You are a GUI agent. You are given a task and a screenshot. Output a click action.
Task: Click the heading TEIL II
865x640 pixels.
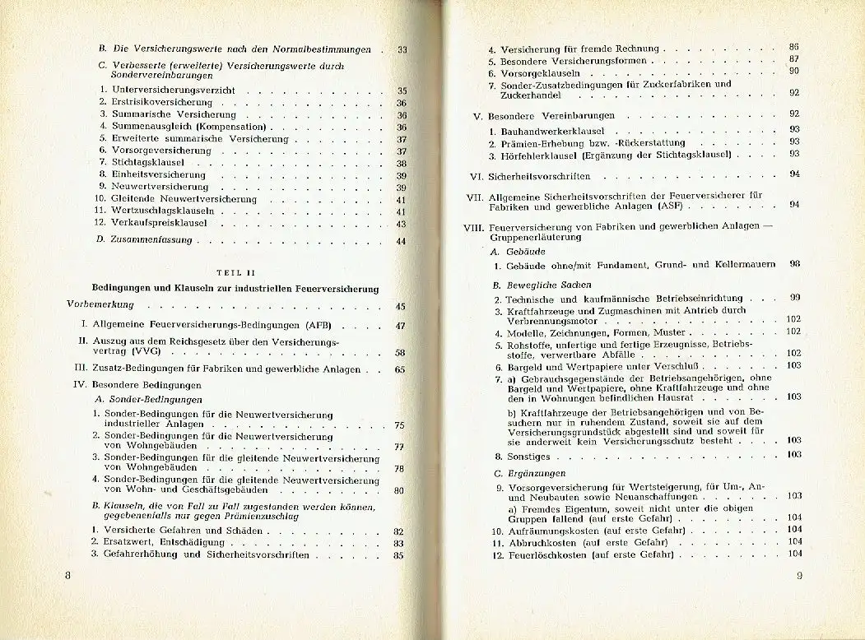point(223,273)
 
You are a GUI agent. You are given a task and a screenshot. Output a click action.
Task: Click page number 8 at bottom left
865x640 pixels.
point(68,576)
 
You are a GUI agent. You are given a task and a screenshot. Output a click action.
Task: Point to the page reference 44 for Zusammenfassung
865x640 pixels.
point(401,241)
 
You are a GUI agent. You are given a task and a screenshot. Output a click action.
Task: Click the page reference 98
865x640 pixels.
point(794,265)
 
